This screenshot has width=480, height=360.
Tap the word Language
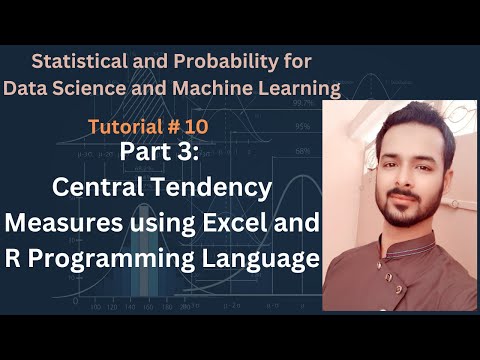click(x=269, y=258)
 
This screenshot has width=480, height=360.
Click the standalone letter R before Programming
click(x=31, y=258)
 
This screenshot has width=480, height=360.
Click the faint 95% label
click(x=302, y=127)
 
